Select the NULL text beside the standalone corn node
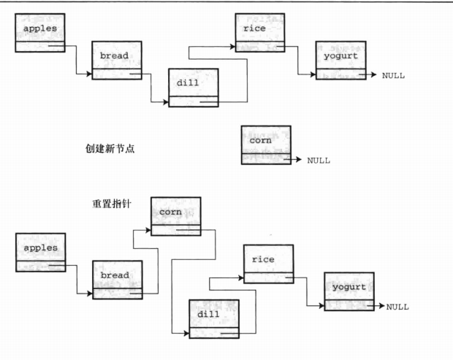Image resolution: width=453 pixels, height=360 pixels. [318, 159]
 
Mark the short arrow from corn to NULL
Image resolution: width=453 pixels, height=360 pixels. [295, 158]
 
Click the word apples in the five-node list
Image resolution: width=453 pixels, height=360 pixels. [39, 28]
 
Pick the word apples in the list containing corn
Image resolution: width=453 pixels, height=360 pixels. [39, 248]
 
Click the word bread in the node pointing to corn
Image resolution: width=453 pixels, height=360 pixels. [115, 275]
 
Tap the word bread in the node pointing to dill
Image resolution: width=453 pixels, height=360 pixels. [115, 55]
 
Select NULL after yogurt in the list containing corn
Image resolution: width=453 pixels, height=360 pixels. [397, 307]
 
